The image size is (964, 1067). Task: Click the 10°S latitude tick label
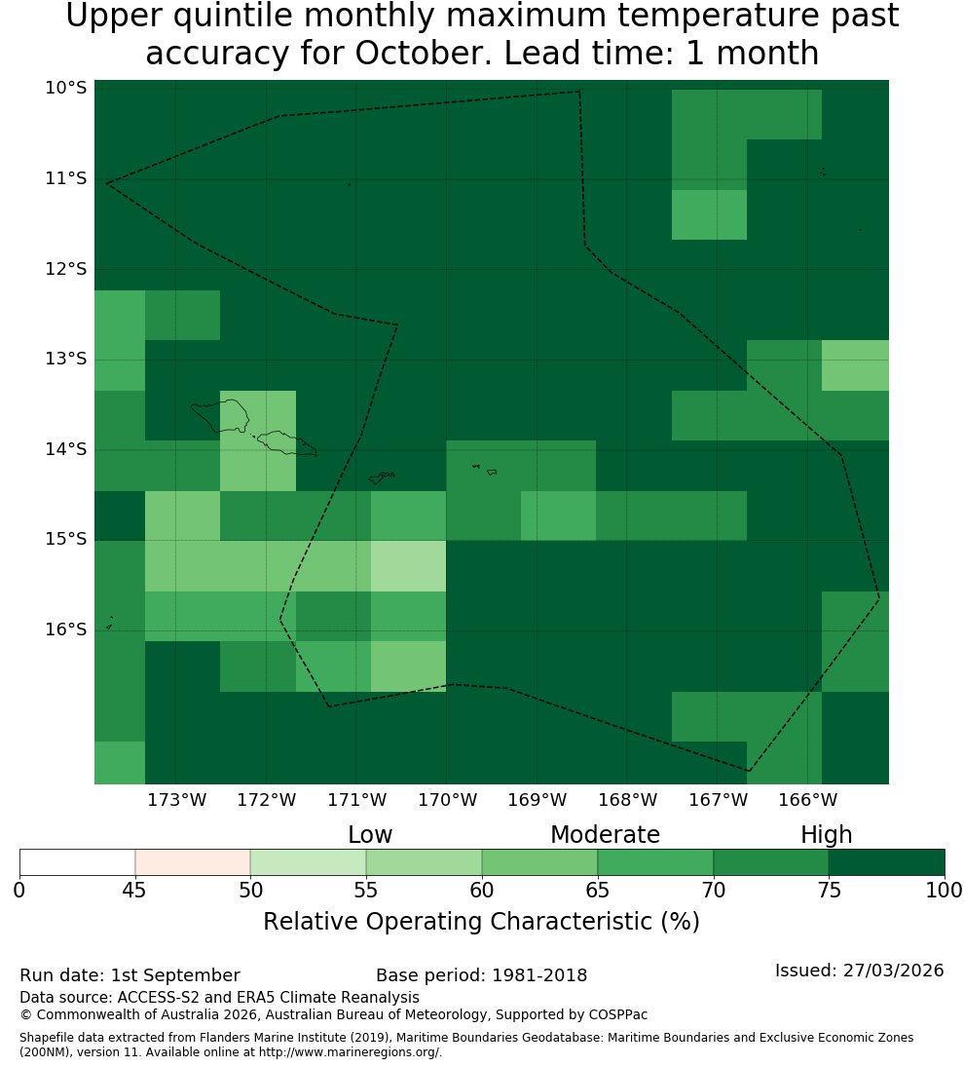[66, 88]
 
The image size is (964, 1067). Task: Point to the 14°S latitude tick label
[66, 449]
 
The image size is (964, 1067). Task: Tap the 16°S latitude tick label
[66, 629]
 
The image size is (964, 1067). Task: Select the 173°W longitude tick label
[177, 800]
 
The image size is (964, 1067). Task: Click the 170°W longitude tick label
[447, 800]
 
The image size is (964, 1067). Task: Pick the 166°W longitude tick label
[807, 800]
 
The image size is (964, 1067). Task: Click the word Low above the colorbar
[370, 835]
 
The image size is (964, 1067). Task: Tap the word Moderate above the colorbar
[605, 835]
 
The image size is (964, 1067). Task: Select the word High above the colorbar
[826, 835]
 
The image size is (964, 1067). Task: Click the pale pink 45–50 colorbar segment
[193, 862]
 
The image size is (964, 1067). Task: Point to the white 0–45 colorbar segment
[78, 862]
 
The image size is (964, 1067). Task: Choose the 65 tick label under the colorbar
[598, 890]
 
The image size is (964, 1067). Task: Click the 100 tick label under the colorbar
[945, 890]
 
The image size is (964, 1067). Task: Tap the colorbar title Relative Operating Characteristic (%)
[481, 922]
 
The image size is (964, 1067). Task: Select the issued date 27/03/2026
[893, 971]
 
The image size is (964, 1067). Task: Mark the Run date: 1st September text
[130, 975]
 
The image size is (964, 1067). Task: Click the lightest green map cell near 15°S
[409, 566]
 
